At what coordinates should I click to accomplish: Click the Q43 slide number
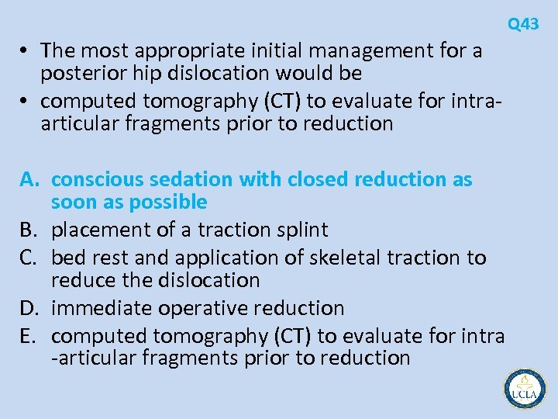(x=523, y=25)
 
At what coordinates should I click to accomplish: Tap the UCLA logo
(x=525, y=390)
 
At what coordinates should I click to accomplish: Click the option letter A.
(x=29, y=179)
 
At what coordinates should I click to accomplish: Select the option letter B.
(x=28, y=230)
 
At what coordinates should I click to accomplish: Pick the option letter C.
(x=28, y=257)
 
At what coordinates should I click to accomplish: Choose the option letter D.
(x=29, y=308)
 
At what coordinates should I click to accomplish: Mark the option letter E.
(x=27, y=336)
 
